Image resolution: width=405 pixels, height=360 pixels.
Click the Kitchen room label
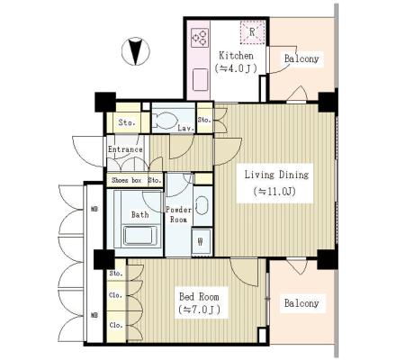coord(236,56)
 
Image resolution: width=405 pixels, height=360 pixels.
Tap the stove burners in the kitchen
coord(200,38)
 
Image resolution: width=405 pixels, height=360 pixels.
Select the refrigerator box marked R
coord(252,32)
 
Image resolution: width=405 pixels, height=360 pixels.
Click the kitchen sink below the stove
coord(200,79)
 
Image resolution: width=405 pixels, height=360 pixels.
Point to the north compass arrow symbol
coord(136,51)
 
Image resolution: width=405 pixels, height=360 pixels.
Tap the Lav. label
coord(185,129)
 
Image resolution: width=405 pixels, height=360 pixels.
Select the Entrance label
coord(125,149)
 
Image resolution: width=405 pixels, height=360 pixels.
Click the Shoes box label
coord(126,180)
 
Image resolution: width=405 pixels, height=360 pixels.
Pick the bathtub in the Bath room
coord(140,235)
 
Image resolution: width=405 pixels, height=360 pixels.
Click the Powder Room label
coord(179,215)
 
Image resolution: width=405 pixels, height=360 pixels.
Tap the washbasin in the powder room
coord(202,205)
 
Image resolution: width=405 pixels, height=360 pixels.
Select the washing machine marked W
coord(202,241)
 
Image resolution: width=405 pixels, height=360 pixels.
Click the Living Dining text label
coord(276,175)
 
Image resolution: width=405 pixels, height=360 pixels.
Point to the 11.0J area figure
coord(274,191)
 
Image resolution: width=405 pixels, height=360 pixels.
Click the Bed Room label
coord(199,297)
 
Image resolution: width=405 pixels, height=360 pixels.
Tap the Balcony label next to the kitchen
coord(301,58)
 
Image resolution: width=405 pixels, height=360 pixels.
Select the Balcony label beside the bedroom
coord(301,303)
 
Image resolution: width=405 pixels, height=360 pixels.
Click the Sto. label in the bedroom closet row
coord(116,274)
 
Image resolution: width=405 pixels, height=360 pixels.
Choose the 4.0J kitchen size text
coord(236,68)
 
